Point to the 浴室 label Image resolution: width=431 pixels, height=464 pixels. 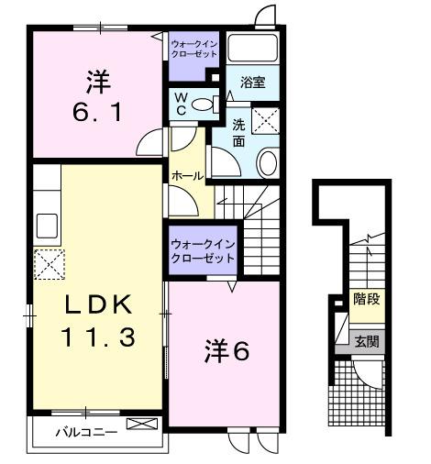(x=253, y=83)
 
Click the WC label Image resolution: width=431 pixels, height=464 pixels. (x=180, y=102)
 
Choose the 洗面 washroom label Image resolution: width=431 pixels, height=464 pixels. (x=238, y=133)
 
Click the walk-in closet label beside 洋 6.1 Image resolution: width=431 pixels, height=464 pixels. (x=194, y=49)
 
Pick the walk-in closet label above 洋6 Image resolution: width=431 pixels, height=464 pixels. (x=202, y=251)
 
